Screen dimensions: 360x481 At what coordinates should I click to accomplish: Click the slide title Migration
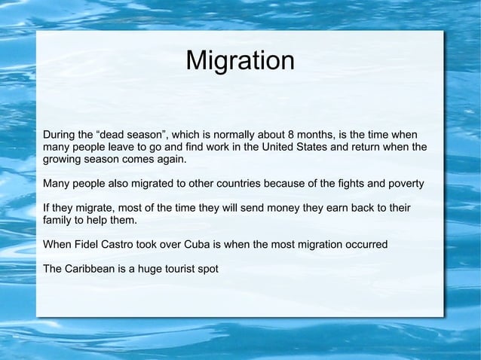(240, 61)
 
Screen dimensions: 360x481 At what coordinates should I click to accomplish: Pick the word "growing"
(64, 160)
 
